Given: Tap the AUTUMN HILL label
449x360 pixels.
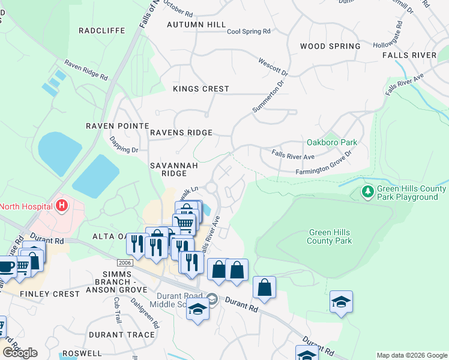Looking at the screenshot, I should point(196,25).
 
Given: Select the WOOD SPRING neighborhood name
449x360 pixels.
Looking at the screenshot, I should point(330,46).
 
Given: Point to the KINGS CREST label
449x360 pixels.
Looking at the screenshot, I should point(201,89).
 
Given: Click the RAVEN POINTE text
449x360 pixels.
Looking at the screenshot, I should point(117,126).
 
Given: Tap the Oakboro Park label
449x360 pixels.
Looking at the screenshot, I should point(331,142).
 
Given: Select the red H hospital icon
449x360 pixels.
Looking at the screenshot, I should point(61,206).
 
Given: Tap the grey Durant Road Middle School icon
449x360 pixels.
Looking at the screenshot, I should point(211,298).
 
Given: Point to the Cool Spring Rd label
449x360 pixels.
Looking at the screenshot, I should point(249,31).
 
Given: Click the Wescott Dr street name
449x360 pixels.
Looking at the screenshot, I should point(273,67).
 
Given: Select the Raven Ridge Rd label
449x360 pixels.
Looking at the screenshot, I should point(86,70).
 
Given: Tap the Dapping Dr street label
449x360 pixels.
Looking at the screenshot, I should point(124,145).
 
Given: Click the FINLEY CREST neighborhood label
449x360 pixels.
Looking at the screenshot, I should point(50,294).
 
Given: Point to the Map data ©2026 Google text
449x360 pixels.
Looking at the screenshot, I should point(411,355).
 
